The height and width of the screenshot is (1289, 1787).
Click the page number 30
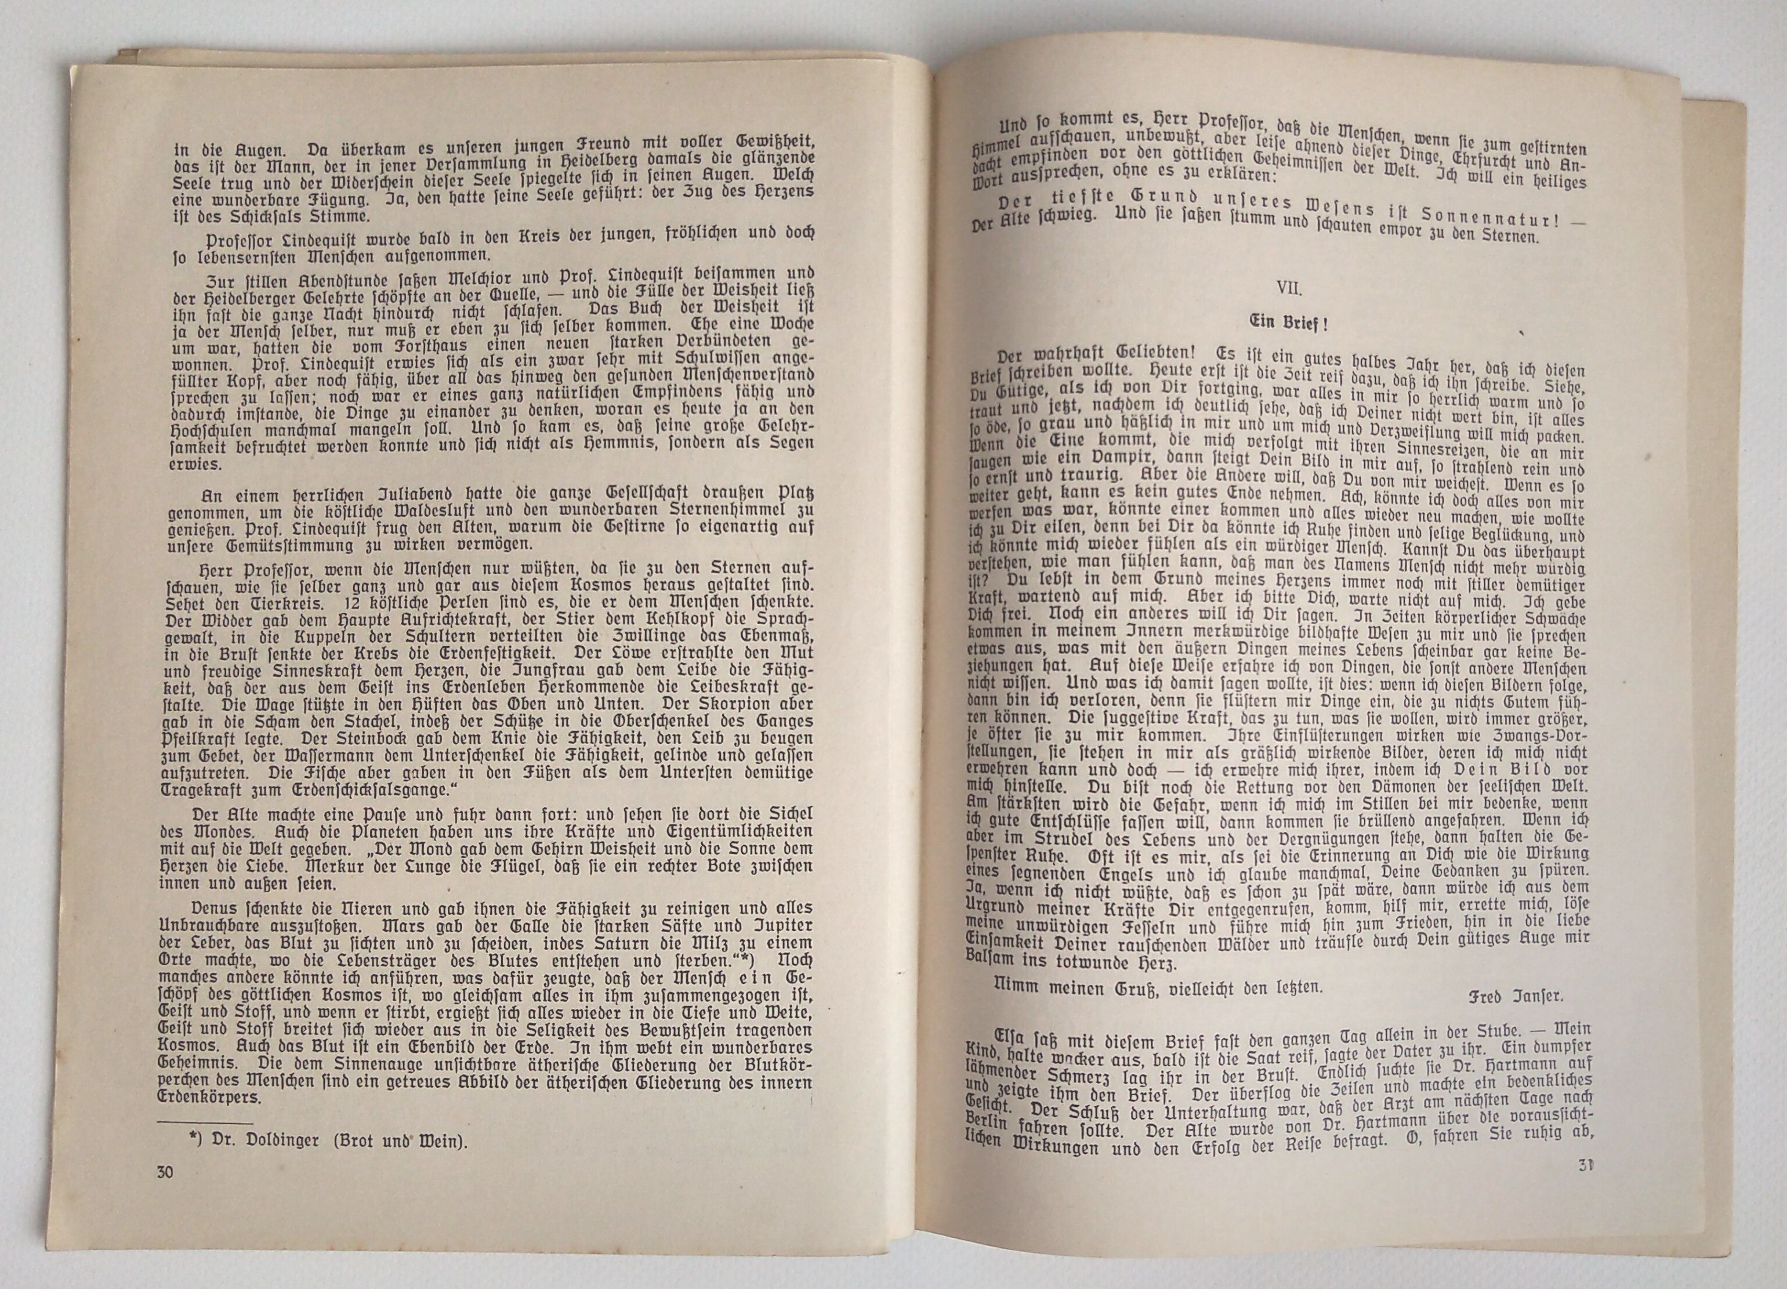click(x=165, y=1194)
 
